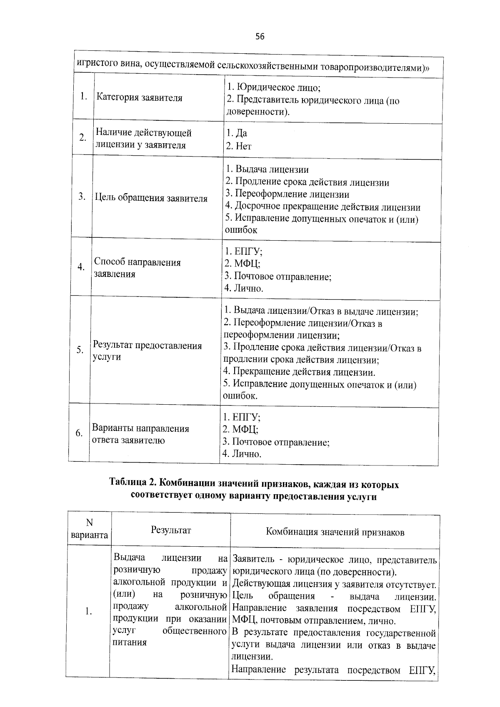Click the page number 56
[260, 37]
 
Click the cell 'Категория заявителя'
[140, 98]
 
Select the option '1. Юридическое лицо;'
[273, 87]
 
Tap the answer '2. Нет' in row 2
[239, 146]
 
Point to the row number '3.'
[82, 197]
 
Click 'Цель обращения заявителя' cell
[151, 199]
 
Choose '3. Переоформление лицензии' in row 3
[287, 194]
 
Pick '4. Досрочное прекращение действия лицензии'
[323, 207]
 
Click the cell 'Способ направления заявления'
[137, 268]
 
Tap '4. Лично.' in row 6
[242, 454]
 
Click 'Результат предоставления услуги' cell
[147, 351]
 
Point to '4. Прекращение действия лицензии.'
[299, 372]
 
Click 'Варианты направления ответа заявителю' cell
[140, 434]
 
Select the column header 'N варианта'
[89, 529]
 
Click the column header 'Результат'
[171, 530]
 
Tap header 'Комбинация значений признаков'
[335, 532]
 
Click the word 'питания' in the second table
[130, 642]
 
